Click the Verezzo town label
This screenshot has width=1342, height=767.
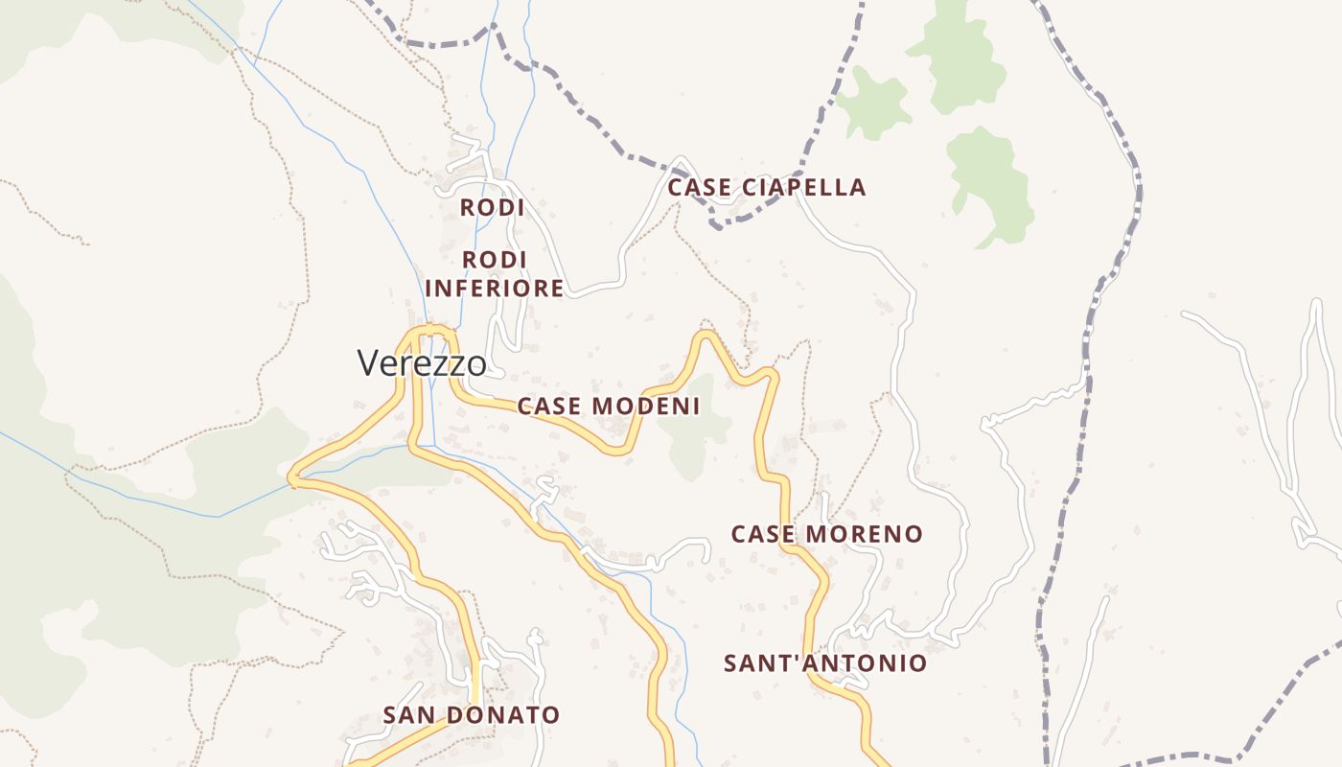422,363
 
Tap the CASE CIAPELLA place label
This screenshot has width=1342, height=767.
767,188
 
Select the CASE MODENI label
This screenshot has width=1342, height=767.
609,407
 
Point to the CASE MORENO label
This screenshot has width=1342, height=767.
827,534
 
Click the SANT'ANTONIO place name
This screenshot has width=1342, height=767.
825,663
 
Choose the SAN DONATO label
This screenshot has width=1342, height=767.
471,715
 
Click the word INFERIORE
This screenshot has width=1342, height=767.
495,289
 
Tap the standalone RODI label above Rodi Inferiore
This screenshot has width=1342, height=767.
492,207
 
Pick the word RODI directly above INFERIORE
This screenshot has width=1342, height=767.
495,260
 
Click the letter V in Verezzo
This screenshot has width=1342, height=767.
367,363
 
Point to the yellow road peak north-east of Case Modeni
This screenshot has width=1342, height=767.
706,335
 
